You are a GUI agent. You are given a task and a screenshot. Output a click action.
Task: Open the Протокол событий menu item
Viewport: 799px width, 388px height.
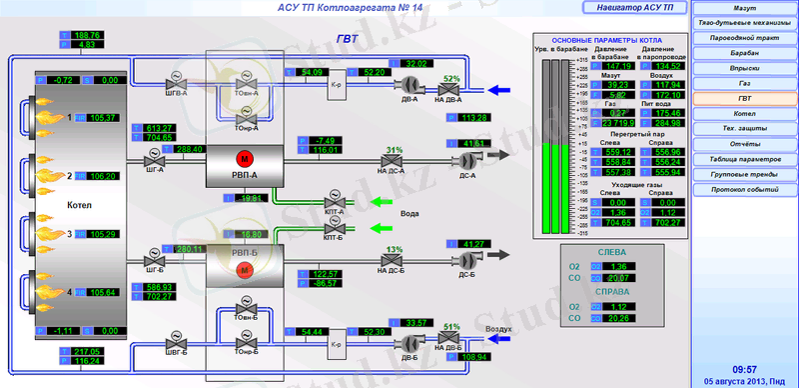pyautogui.click(x=744, y=190)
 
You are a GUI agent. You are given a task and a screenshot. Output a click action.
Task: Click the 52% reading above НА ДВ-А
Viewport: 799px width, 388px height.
pyautogui.click(x=451, y=79)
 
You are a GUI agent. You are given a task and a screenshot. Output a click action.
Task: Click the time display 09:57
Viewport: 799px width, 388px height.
pyautogui.click(x=743, y=369)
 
